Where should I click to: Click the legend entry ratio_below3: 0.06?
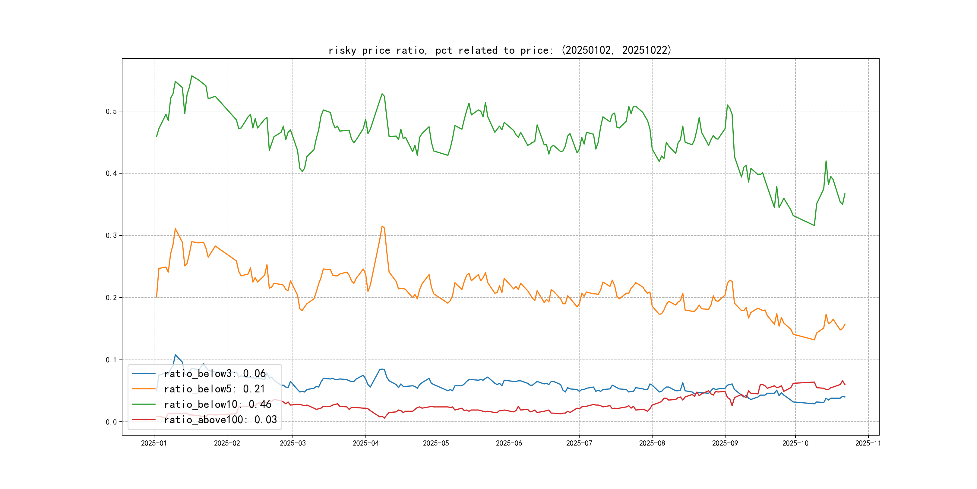(x=215, y=374)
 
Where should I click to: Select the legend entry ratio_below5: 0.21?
(x=214, y=389)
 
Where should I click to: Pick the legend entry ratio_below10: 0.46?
(x=217, y=404)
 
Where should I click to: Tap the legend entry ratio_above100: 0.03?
(x=220, y=420)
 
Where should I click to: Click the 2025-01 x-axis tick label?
(x=153, y=443)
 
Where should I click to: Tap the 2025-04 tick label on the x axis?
(x=365, y=443)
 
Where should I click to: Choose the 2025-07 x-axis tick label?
(x=579, y=443)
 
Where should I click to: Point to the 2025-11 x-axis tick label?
(x=868, y=443)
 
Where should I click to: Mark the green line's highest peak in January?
(x=192, y=76)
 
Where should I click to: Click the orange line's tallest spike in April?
(x=382, y=226)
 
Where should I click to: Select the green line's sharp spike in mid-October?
(x=826, y=161)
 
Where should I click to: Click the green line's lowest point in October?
(x=814, y=225)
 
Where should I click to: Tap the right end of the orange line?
(x=845, y=324)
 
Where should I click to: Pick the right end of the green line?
(x=845, y=193)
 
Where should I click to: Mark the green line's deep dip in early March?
(x=302, y=171)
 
